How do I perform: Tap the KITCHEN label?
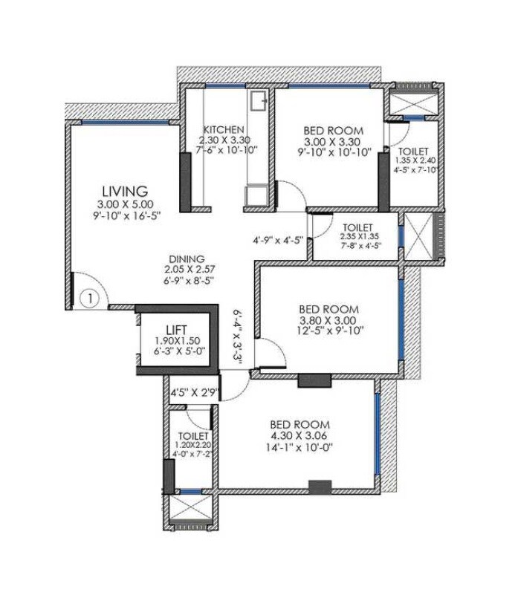pos(220,128)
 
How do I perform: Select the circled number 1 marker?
pos(88,299)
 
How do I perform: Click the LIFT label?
pos(177,330)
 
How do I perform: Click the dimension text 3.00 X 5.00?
pos(125,204)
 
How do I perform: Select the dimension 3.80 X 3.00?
pos(328,322)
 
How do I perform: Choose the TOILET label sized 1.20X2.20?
pos(192,435)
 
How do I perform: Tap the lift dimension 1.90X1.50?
pos(177,342)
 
